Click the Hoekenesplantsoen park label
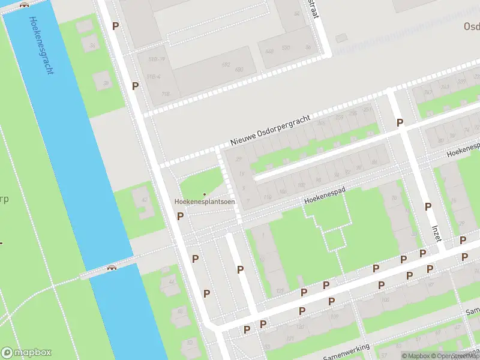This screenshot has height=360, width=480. coord(205,202)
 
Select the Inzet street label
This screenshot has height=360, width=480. coord(436,233)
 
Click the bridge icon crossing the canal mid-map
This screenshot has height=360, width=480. coord(112,268)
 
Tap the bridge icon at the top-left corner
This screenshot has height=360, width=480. coord(24,4)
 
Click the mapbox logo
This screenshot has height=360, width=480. coord(27,353)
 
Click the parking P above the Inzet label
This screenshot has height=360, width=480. coord(428,206)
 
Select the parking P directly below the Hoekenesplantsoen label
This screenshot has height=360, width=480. coord(180,216)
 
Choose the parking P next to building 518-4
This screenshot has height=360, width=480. coord(135,86)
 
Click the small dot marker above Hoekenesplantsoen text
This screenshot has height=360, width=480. coord(205,194)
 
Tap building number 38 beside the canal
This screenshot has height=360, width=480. coord(105,83)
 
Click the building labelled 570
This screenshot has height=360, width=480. coord(286,48)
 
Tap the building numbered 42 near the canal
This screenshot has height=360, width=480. coord(143,199)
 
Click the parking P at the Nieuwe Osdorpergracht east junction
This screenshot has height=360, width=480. coord(400,122)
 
